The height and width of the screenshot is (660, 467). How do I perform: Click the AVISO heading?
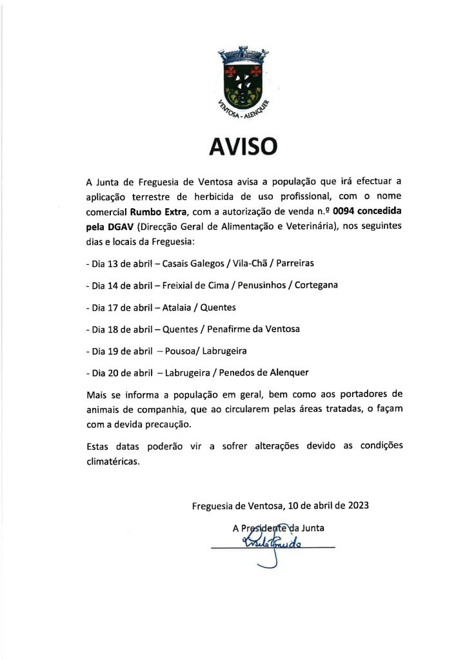(x=243, y=146)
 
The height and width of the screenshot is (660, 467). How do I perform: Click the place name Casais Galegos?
(x=193, y=264)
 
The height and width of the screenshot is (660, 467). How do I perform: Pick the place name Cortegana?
(x=316, y=285)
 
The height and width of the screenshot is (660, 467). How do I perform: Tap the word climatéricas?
(x=113, y=462)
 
